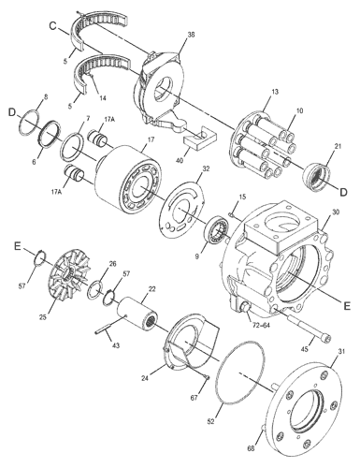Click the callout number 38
tap(191, 35)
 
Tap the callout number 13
tap(275, 92)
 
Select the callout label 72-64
tap(262, 326)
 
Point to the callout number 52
tap(211, 421)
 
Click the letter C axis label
tap(52, 26)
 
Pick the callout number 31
tap(341, 351)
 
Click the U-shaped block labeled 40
tap(199, 137)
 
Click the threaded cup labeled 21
tap(315, 176)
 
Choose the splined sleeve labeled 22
tap(137, 313)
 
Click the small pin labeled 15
tap(231, 213)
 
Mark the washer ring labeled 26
tap(96, 290)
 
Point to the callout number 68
tap(251, 448)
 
